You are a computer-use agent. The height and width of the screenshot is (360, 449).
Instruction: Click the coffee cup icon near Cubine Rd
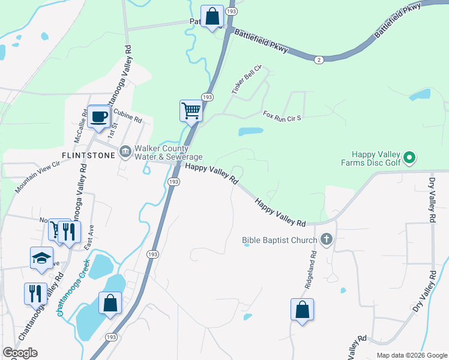[98, 116]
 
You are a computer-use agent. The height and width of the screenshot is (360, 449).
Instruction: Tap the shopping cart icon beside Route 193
[190, 110]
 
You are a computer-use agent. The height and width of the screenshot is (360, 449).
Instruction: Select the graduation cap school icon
[41, 258]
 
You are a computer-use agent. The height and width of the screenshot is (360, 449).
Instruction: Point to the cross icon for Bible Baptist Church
[326, 240]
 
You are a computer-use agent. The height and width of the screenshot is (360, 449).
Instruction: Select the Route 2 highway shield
[319, 59]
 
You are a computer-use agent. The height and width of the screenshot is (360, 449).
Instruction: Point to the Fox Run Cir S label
[282, 115]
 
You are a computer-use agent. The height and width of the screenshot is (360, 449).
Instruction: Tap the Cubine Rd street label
[127, 116]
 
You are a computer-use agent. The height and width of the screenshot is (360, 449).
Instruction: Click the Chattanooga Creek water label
[73, 287]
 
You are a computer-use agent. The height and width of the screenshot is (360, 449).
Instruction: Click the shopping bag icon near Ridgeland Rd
[302, 310]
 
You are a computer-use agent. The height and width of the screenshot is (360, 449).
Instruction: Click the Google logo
[20, 353]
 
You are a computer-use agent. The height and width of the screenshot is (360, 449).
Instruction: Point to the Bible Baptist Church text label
[279, 241]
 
